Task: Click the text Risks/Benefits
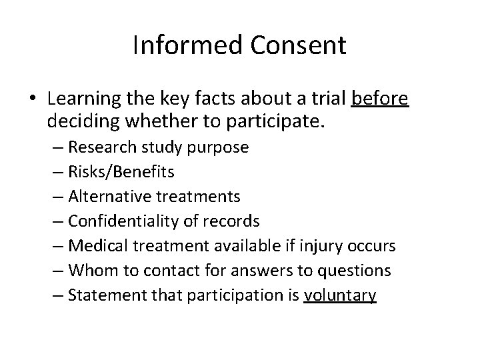[120, 172]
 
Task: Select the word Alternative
[110, 197]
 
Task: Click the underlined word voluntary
[339, 295]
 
